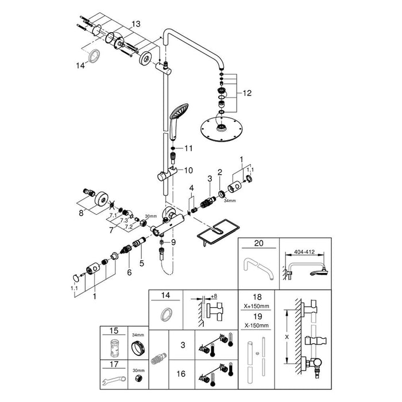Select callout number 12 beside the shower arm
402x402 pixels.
click(247, 92)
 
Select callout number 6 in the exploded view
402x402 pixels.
click(129, 272)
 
